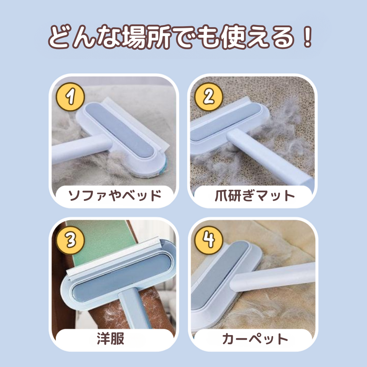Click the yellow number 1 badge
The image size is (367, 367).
pyautogui.click(x=70, y=97)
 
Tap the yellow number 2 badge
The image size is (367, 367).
pyautogui.click(x=209, y=97)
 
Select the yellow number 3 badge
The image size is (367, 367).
pyautogui.click(x=70, y=240)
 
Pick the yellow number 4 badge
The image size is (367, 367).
pyautogui.click(x=209, y=240)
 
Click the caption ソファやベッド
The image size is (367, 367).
pyautogui.click(x=115, y=195)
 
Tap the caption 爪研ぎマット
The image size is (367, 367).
pyautogui.click(x=255, y=195)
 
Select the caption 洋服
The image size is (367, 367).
pyautogui.click(x=110, y=338)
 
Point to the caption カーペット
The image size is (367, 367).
pyautogui.click(x=255, y=339)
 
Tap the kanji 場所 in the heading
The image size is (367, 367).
pyautogui.click(x=147, y=37)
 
